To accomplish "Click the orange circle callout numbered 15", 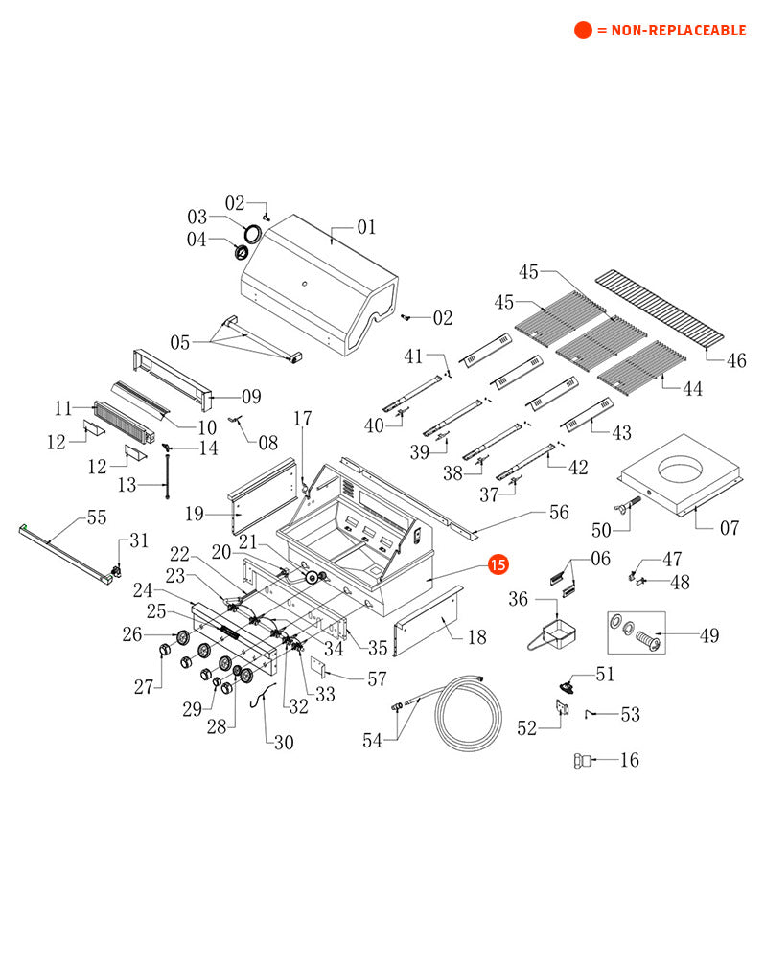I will click(498, 565).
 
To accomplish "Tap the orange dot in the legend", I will click(583, 30).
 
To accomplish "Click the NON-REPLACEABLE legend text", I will click(670, 31).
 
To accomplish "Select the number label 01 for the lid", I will click(366, 228).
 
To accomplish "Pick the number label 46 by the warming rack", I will click(735, 361).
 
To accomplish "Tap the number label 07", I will click(730, 527).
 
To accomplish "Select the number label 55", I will click(97, 517).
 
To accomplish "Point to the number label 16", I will click(629, 760).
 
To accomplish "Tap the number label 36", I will click(519, 599).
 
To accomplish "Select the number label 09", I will click(251, 396).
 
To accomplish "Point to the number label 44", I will click(691, 389).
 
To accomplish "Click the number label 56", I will click(558, 513).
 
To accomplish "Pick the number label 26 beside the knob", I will click(132, 633).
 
